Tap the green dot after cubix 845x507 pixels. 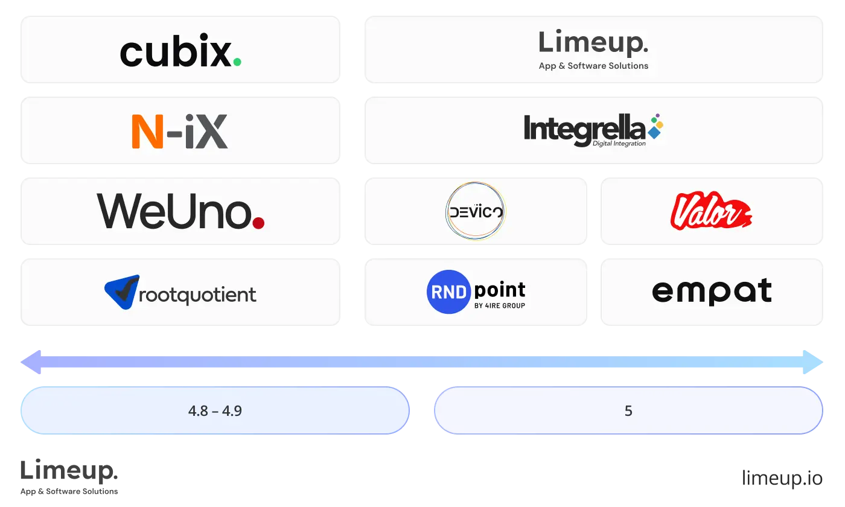[237, 62]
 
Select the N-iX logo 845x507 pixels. [180, 132]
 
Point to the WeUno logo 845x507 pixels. [180, 211]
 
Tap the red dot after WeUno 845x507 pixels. [258, 223]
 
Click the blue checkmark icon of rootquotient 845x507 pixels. [122, 292]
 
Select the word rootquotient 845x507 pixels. [197, 295]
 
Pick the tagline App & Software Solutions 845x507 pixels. [593, 66]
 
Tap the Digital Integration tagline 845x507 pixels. [619, 144]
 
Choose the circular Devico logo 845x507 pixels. [475, 211]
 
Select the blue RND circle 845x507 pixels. [448, 292]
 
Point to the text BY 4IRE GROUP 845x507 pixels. [500, 305]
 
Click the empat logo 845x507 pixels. [712, 292]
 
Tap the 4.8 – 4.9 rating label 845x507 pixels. [215, 411]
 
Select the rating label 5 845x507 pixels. [628, 411]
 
